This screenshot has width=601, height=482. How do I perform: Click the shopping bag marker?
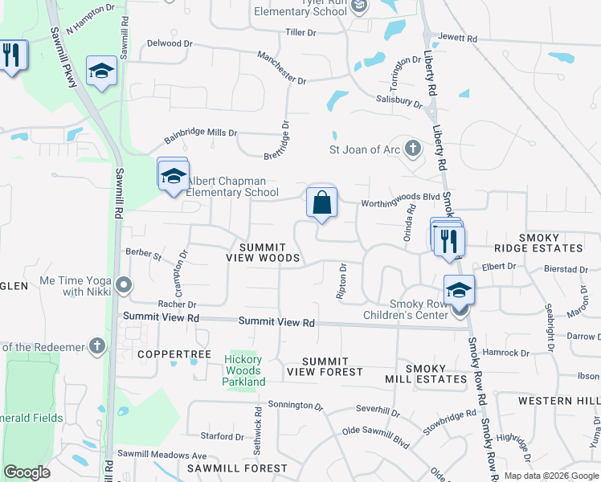(321, 203)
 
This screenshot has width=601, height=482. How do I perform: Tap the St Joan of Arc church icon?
(411, 149)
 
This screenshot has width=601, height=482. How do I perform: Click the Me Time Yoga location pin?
(124, 285)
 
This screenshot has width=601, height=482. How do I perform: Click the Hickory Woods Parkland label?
(243, 370)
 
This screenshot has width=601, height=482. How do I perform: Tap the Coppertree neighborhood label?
(174, 354)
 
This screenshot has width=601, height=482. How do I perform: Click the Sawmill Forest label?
(237, 468)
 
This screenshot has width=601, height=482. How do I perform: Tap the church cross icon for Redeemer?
(96, 346)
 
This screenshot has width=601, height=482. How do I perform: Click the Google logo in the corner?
(27, 472)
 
